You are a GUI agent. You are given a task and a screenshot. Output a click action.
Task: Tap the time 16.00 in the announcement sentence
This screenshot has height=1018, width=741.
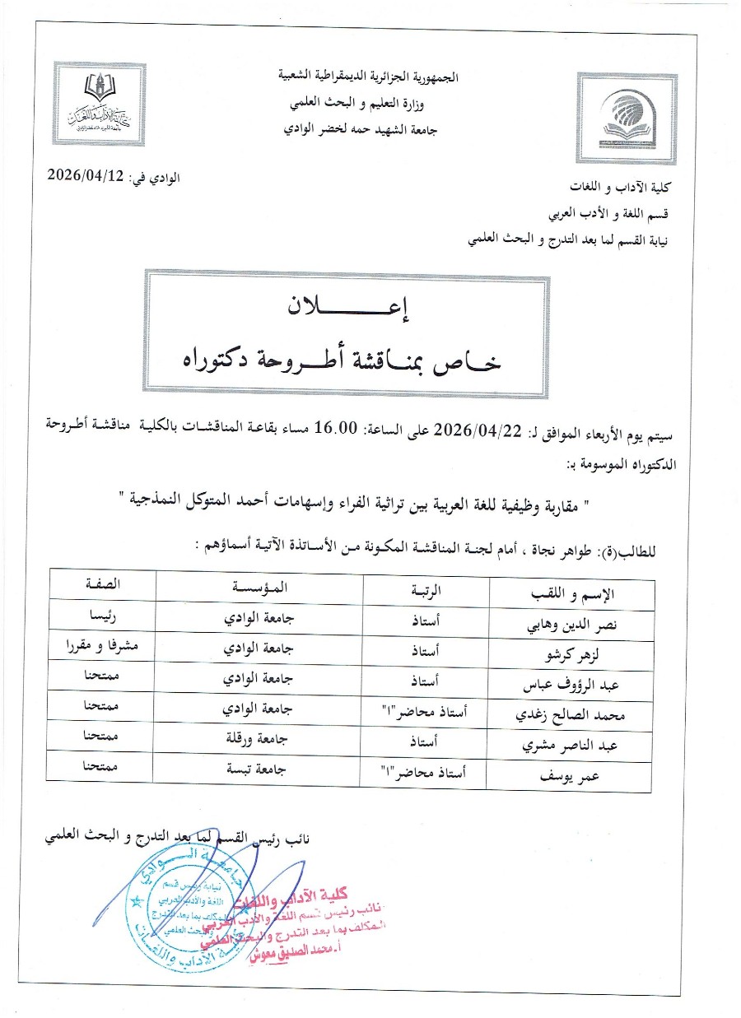click(x=338, y=428)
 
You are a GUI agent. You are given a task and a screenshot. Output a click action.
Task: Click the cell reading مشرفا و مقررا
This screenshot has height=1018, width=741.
click(x=100, y=646)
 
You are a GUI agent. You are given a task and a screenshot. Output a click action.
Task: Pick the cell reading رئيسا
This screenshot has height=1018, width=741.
click(x=100, y=616)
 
